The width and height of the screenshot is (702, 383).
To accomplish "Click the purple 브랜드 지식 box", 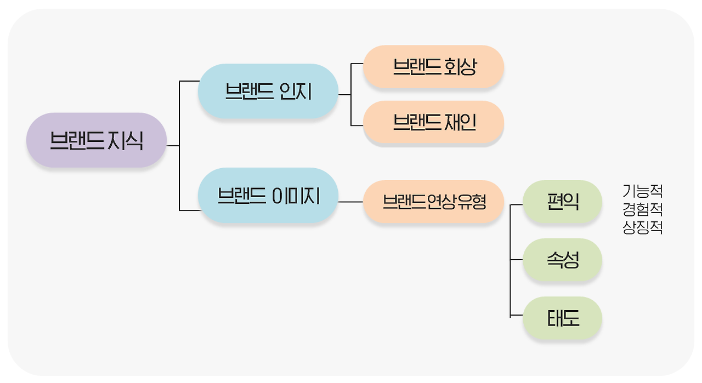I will [x=96, y=140].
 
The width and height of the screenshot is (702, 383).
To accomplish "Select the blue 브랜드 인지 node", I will [x=268, y=91].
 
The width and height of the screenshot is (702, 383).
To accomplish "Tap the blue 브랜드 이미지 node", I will [x=268, y=196].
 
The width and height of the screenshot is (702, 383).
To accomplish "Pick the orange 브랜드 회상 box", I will [x=433, y=67].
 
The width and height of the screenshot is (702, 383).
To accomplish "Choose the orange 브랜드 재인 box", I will [x=433, y=123].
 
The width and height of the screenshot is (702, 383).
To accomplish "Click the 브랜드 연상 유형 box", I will [x=433, y=202].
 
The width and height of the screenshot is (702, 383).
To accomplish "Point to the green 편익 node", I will [x=563, y=202].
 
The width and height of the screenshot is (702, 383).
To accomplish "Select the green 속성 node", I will [x=563, y=260].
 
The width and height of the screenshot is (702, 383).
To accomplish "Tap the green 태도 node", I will [x=563, y=318].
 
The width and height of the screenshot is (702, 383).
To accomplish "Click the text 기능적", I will [x=643, y=191].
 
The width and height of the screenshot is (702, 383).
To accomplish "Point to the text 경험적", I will [x=643, y=209].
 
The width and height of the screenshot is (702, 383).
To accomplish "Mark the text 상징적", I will [x=643, y=227].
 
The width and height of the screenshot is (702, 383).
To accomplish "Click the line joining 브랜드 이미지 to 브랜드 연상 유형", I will [x=350, y=202].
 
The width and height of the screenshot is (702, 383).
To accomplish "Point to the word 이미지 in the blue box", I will [x=296, y=196].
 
